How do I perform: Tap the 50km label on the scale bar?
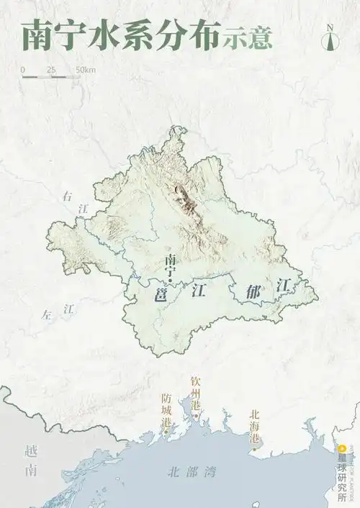tap(85, 70)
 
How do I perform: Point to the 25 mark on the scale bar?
tap(51, 70)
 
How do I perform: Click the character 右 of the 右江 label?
tap(68, 196)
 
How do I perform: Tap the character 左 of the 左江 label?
tap(48, 314)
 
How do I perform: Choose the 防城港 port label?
tap(167, 409)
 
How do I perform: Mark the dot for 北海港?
tap(253, 449)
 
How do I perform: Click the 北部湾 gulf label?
tap(191, 473)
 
